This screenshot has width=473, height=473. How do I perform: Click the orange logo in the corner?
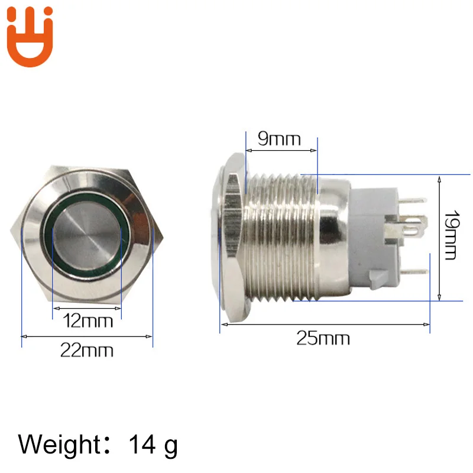(30, 36)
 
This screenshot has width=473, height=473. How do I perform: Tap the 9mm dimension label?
(279, 139)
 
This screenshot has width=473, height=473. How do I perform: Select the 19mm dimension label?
(452, 235)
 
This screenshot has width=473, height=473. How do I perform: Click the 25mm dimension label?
(323, 338)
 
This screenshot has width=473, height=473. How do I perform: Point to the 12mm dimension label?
(88, 320)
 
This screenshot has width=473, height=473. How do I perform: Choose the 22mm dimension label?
(87, 350)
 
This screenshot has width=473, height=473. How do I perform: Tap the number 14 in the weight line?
(142, 445)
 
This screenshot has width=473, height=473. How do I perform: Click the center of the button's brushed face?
(87, 235)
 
